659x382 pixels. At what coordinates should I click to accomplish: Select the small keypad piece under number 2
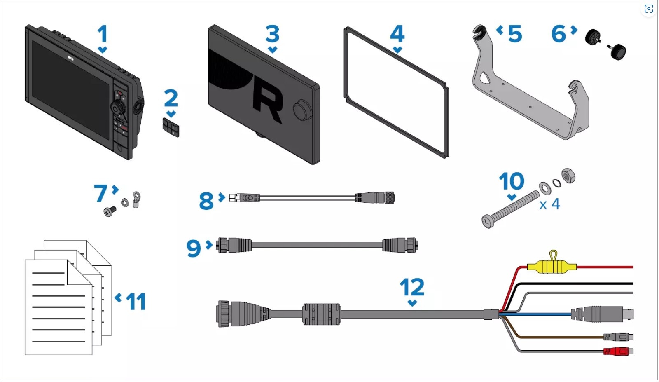coord(171,128)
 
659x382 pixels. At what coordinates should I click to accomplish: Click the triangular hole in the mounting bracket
coord(484,78)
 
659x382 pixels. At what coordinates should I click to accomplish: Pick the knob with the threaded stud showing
coord(617,52)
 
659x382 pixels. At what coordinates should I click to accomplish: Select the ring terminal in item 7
coord(136,199)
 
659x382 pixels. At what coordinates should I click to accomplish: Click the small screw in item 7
coord(110,211)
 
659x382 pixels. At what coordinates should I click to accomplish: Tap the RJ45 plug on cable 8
coord(244,197)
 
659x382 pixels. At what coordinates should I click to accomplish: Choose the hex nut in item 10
coord(568,176)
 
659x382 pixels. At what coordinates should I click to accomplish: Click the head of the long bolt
coord(488,221)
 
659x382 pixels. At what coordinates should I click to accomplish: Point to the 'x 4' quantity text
coord(549,204)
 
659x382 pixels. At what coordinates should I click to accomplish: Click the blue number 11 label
coord(136,301)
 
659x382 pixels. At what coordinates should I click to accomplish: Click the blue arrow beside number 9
coord(209,244)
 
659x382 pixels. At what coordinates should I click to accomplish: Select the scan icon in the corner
coord(649,9)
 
